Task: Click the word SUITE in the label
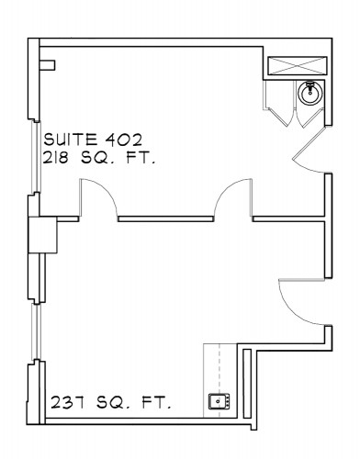(x=70, y=140)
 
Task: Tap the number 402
(x=124, y=140)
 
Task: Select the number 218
(x=55, y=159)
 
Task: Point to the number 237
(x=67, y=402)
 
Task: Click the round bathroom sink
(x=310, y=93)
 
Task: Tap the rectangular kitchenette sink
(x=219, y=401)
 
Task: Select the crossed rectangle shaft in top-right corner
(x=298, y=65)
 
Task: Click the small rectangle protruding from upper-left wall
(x=47, y=65)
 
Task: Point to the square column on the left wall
(x=42, y=235)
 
